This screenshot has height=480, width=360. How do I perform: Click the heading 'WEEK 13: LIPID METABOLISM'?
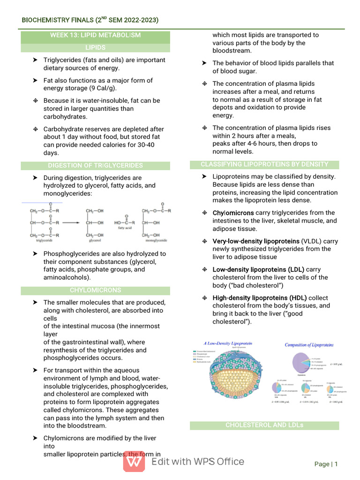[x=95, y=35]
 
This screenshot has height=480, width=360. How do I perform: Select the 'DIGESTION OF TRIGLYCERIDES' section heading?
[x=95, y=165]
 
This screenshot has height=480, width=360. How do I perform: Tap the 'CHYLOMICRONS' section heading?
[x=95, y=290]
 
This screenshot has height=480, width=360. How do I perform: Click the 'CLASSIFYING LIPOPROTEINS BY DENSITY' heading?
[x=264, y=164]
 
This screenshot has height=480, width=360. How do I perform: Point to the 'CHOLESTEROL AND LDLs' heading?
[x=264, y=425]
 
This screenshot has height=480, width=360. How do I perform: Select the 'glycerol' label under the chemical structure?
[x=96, y=240]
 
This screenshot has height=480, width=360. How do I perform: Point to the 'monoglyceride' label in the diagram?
[x=156, y=240]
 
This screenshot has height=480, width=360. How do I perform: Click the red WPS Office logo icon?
[x=134, y=462]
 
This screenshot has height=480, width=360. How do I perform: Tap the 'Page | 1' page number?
[x=326, y=464]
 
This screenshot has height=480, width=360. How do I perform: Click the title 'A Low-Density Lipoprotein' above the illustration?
[x=228, y=344]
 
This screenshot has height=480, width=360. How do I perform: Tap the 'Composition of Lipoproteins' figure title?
[x=309, y=345]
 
